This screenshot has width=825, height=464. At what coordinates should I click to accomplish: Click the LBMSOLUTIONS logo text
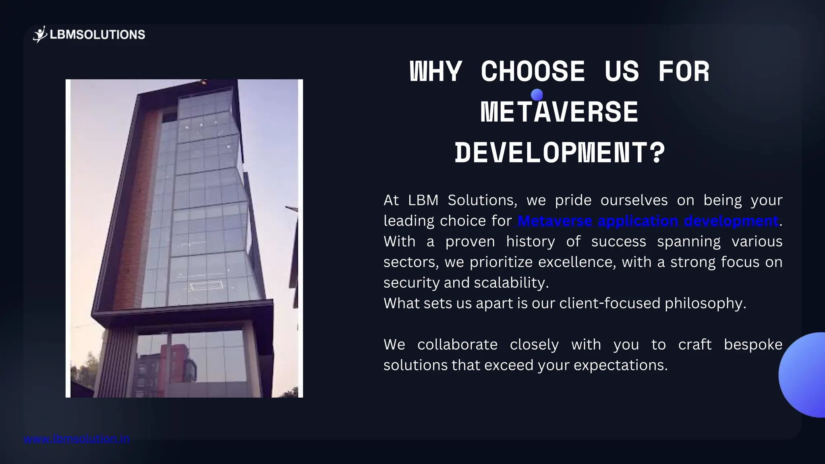(97, 35)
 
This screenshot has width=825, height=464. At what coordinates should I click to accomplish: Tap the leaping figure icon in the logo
(40, 35)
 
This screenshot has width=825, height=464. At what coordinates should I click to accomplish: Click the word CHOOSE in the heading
(533, 72)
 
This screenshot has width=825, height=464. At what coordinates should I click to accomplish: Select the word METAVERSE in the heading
(560, 112)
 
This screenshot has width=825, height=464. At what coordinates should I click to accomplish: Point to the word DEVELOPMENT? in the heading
(560, 153)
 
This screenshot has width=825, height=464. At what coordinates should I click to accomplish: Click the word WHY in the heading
(435, 72)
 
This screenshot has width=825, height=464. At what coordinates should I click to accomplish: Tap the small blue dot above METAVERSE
(537, 95)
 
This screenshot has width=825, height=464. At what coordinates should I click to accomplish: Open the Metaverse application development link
(648, 221)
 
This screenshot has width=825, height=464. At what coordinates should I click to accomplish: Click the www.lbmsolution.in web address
(77, 439)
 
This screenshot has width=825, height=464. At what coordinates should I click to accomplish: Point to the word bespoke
(753, 345)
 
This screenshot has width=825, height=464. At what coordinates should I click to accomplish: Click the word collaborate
(457, 345)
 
